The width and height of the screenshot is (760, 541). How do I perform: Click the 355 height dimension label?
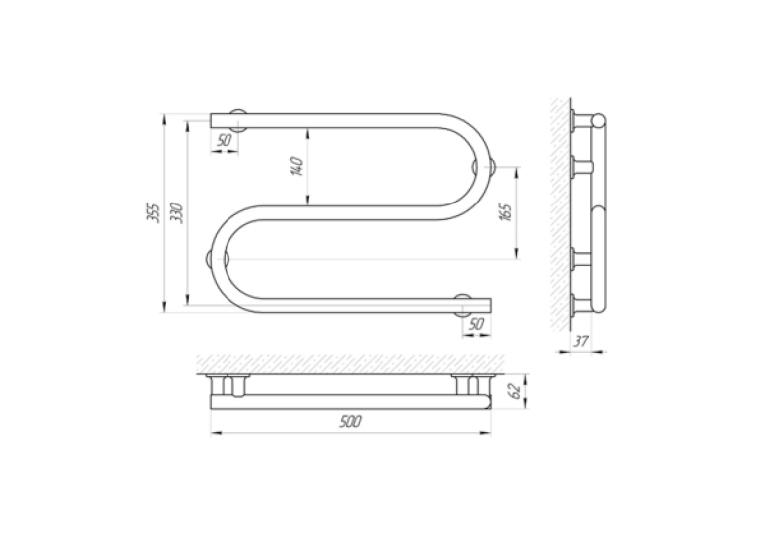point(153,212)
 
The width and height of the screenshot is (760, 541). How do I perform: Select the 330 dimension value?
point(177,212)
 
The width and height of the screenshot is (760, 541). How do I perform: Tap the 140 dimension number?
point(297,166)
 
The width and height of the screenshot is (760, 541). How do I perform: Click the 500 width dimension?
point(350,422)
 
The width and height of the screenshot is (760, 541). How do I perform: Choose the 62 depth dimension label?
point(516,391)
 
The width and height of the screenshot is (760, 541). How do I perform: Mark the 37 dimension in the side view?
point(580,341)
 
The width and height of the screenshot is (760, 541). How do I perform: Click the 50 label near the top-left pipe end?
point(224,140)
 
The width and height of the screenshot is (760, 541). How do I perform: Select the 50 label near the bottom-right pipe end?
point(476,324)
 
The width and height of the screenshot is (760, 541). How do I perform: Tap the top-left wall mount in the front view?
point(238,120)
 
